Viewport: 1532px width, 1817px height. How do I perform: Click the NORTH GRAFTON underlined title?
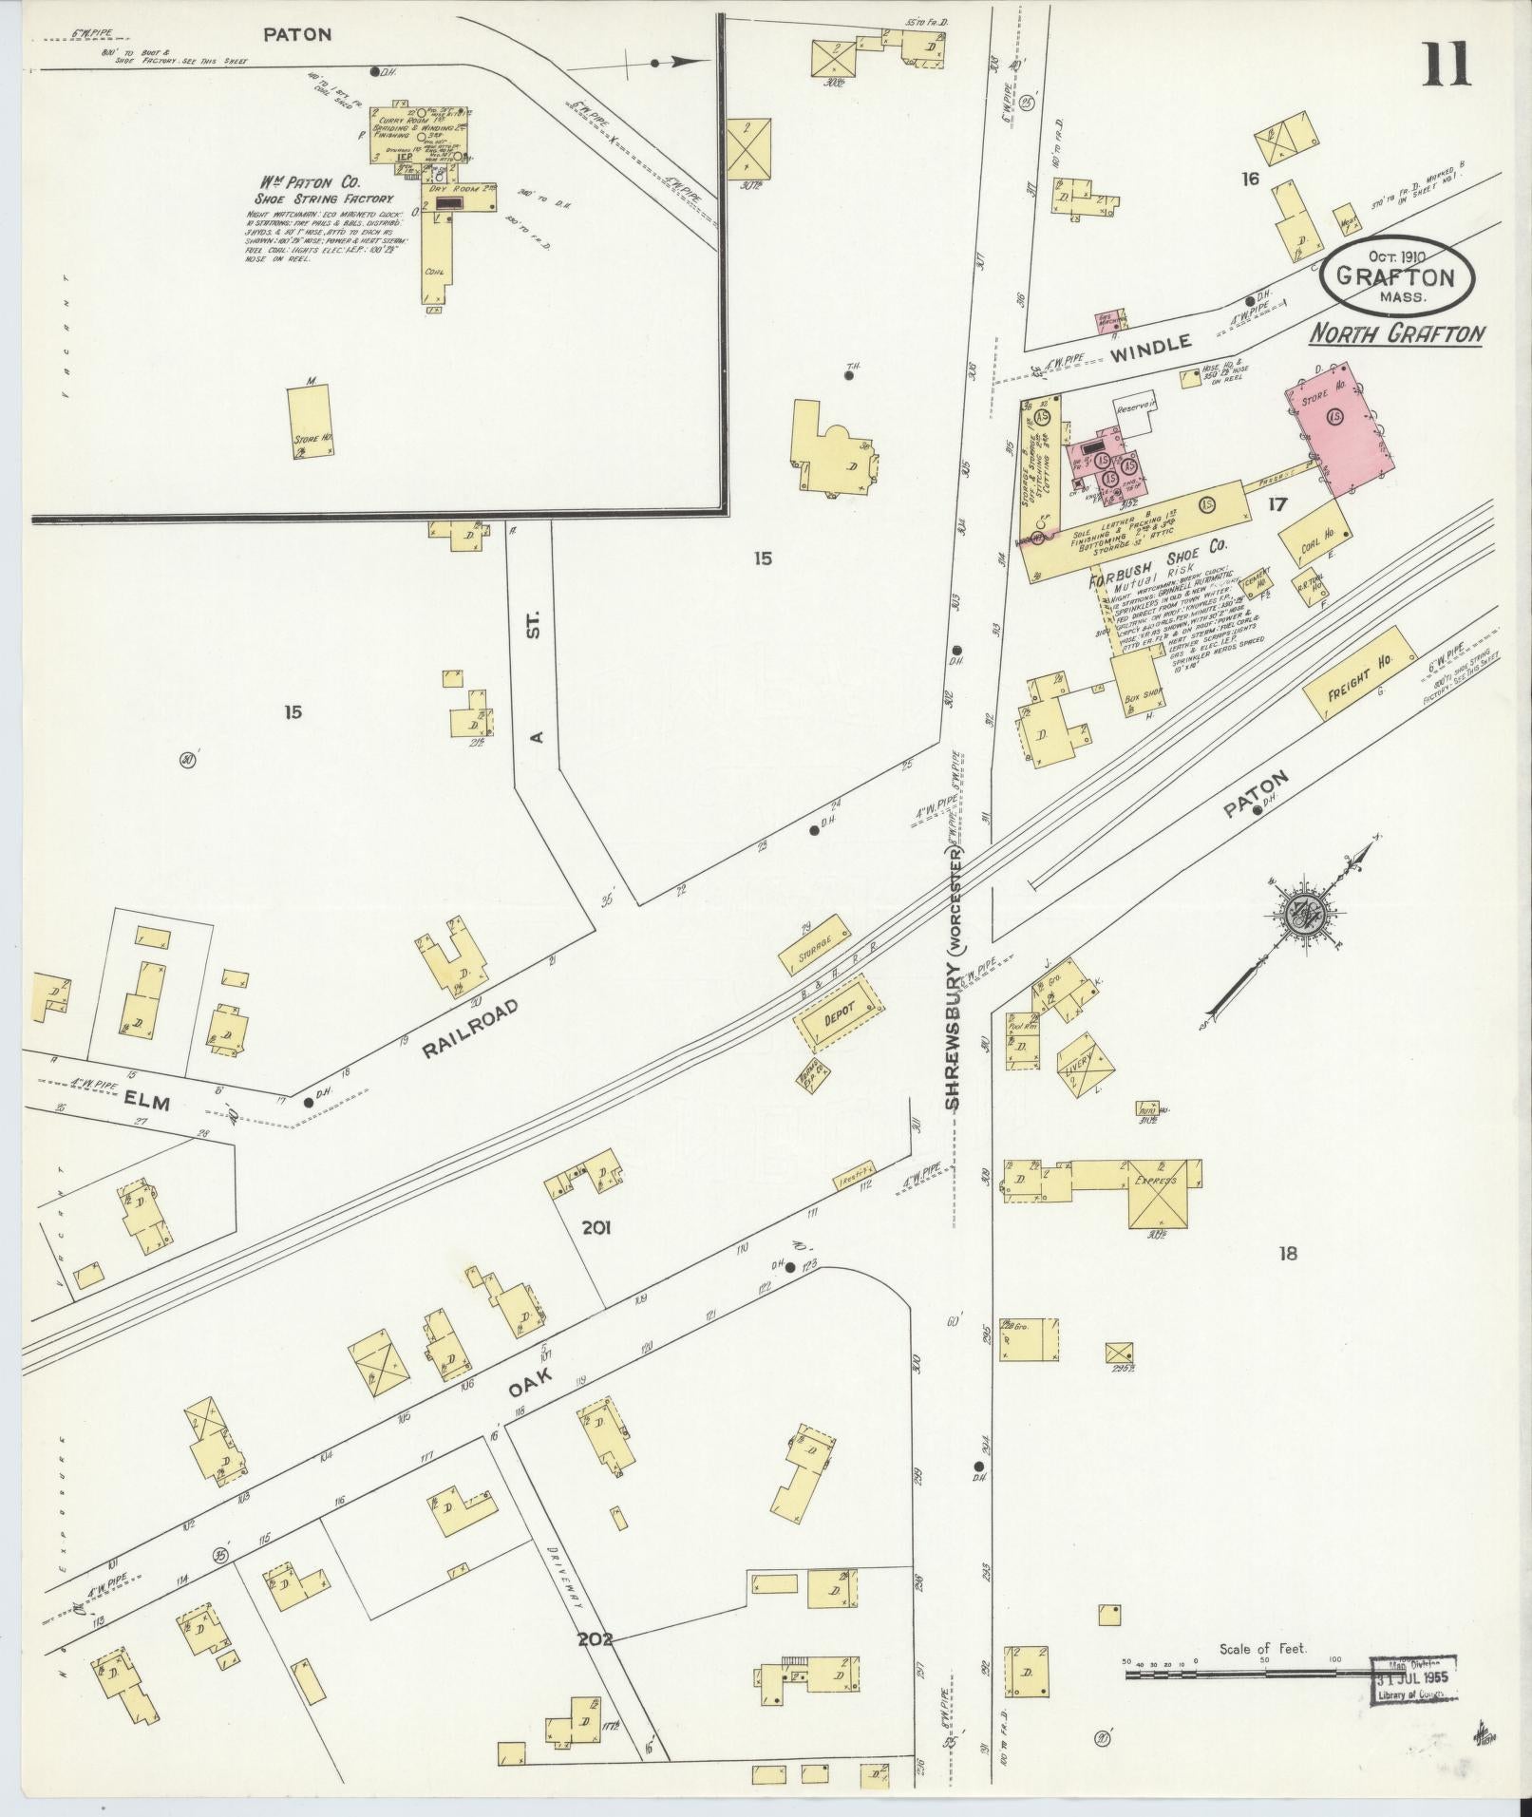tap(1396, 333)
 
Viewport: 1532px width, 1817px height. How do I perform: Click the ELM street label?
tap(145, 1103)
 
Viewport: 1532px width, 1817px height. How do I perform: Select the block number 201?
tap(596, 1228)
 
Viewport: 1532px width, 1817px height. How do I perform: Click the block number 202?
tap(593, 1638)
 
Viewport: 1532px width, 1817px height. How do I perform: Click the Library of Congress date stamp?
tap(1412, 1678)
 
